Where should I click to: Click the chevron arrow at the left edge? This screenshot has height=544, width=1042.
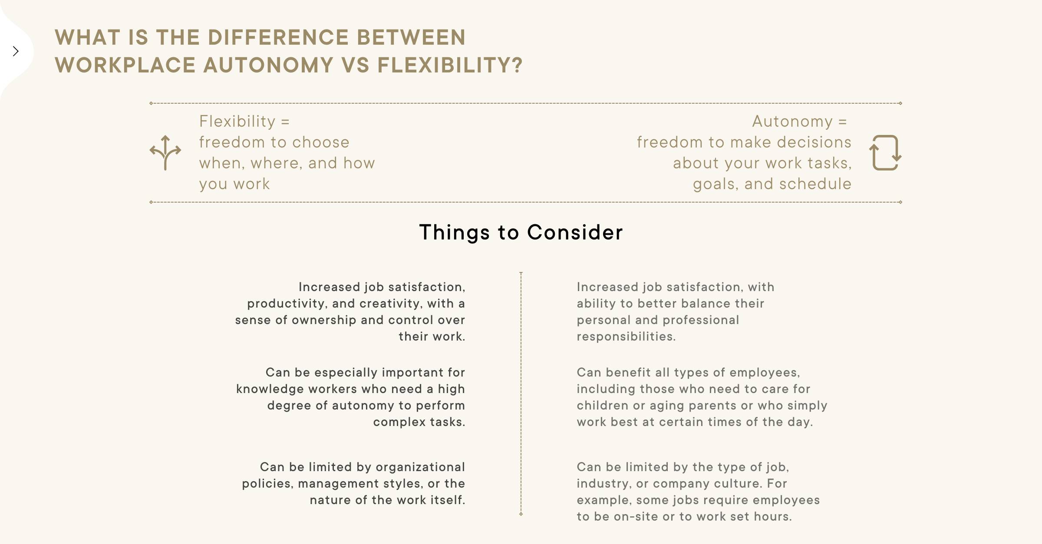pyautogui.click(x=16, y=51)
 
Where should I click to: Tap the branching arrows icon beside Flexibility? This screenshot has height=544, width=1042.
pyautogui.click(x=165, y=153)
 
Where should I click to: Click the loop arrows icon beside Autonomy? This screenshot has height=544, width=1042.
pyautogui.click(x=885, y=153)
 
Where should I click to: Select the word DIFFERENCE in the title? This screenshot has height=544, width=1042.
pyautogui.click(x=278, y=37)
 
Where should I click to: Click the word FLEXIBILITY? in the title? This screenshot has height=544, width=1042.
pyautogui.click(x=450, y=65)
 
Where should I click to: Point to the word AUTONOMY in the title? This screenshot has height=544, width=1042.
pyautogui.click(x=268, y=65)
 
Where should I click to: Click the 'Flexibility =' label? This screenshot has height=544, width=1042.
pyautogui.click(x=244, y=121)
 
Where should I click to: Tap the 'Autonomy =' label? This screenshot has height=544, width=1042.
pyautogui.click(x=800, y=121)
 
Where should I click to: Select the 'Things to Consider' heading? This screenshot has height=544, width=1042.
pyautogui.click(x=521, y=233)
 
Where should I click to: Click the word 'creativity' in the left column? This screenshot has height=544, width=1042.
pyautogui.click(x=389, y=304)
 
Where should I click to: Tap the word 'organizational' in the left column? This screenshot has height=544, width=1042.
pyautogui.click(x=420, y=467)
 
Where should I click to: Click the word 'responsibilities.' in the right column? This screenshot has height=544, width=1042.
pyautogui.click(x=626, y=337)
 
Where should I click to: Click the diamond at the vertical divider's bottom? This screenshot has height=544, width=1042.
pyautogui.click(x=521, y=514)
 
